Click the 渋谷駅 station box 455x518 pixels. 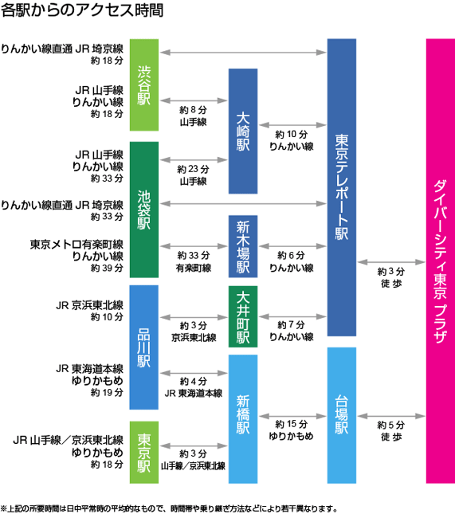point(144,85)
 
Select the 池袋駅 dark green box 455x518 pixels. point(144,210)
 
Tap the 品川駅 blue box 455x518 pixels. point(144,347)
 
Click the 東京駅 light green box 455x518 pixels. point(144,453)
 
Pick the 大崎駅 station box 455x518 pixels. point(243,131)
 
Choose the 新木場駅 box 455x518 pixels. point(243,246)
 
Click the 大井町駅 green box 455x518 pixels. point(243,317)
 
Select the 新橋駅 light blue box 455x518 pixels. point(243,419)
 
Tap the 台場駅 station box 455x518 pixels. point(342,415)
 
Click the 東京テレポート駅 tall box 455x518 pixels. point(342,187)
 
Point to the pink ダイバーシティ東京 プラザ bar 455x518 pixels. point(441,261)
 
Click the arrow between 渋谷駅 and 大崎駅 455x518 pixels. point(194,100)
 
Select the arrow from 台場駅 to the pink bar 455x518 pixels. point(391,416)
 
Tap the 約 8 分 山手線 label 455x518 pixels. point(194,116)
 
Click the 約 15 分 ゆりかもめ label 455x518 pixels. point(291,430)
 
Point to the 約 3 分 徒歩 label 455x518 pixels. point(391,277)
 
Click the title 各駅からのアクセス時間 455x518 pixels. point(82,10)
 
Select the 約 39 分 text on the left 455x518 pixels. point(107,268)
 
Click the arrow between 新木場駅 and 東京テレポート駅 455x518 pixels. point(292,246)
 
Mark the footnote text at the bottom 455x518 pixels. point(169,508)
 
